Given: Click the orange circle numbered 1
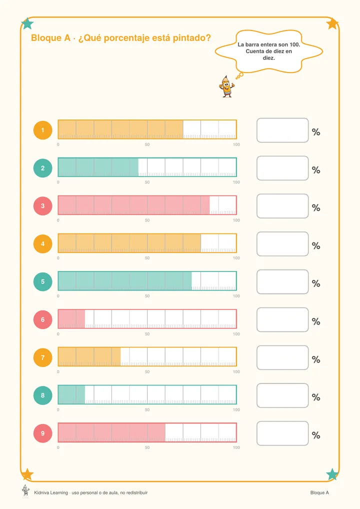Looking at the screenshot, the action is click(x=42, y=130).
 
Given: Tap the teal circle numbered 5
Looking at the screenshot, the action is click(x=42, y=282).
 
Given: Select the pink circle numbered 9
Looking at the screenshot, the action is click(x=42, y=433).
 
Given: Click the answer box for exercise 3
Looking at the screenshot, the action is click(x=282, y=206).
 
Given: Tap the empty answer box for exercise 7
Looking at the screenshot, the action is click(x=282, y=357).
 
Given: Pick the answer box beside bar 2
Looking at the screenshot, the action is click(x=282, y=168).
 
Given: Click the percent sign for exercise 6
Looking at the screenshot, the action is click(x=316, y=321).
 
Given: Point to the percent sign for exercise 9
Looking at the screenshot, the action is click(x=316, y=435).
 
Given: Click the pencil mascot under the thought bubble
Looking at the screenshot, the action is click(x=226, y=86).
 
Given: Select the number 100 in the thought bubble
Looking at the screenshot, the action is click(x=294, y=44).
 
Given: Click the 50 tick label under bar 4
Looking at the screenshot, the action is click(x=147, y=258).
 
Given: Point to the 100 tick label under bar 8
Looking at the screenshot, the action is click(x=236, y=409).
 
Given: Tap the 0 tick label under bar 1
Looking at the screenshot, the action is click(x=58, y=144).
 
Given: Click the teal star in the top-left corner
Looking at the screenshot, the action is click(x=27, y=23).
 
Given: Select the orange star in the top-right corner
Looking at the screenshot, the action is click(x=332, y=23).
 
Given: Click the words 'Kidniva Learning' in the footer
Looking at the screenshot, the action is click(x=51, y=493).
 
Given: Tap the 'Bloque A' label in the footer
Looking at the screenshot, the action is click(x=319, y=493).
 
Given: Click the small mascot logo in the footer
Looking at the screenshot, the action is click(x=25, y=491).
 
